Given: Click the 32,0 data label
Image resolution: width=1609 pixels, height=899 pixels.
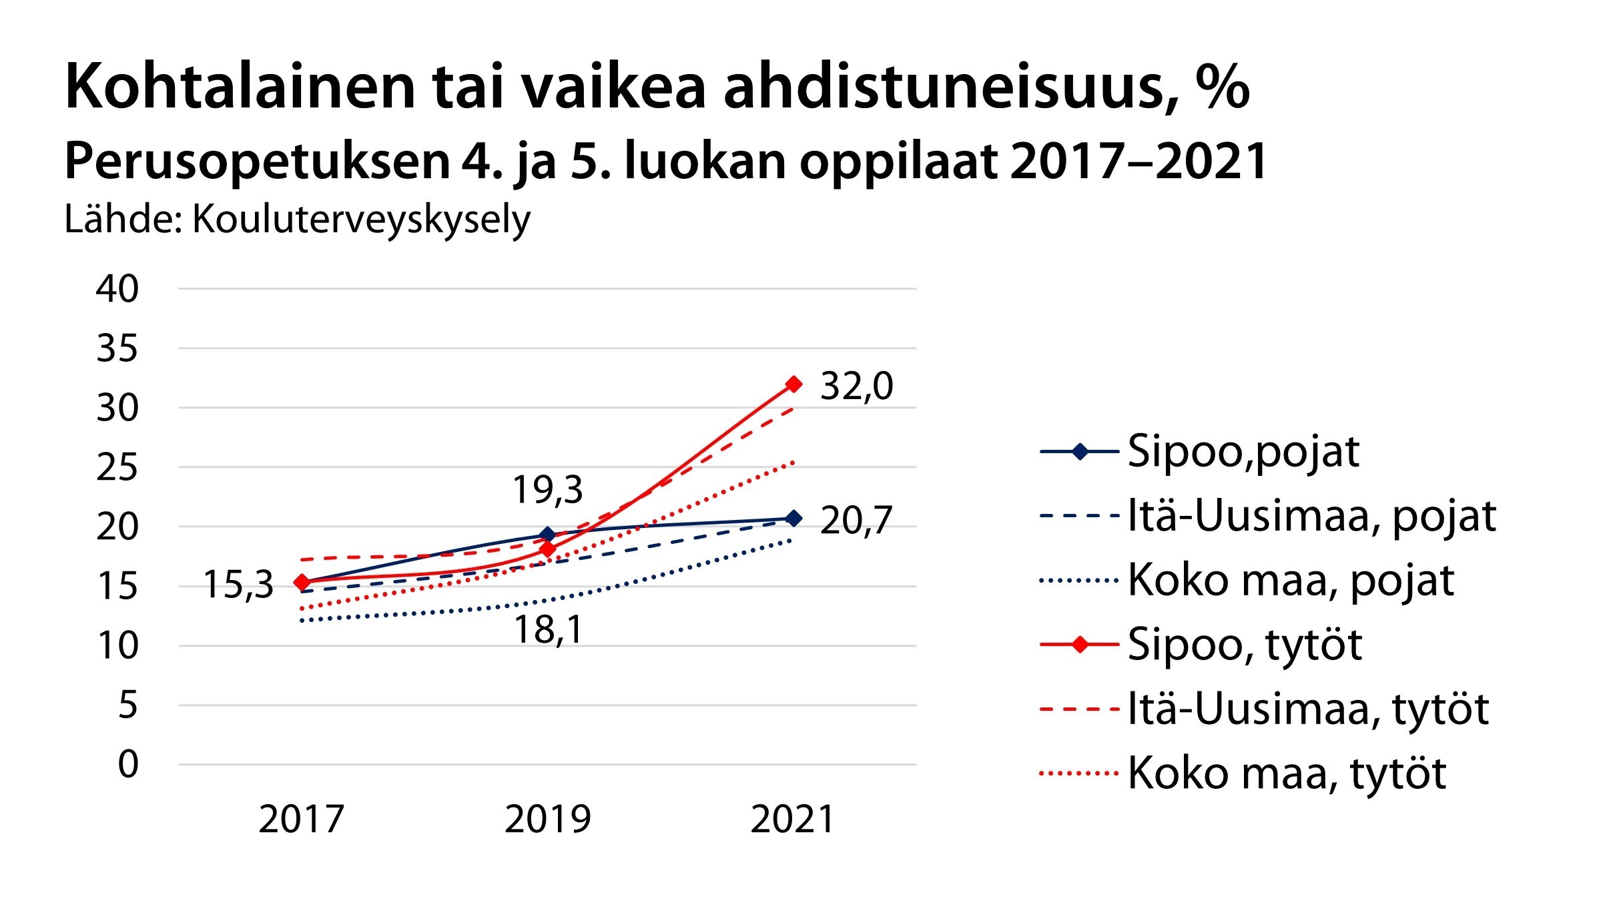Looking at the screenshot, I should tap(856, 386).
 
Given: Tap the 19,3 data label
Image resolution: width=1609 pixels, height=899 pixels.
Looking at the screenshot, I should tap(547, 490).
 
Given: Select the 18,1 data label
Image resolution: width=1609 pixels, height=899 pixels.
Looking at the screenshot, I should tap(548, 629).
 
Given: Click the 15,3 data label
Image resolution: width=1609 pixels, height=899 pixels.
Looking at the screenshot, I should tap(238, 585).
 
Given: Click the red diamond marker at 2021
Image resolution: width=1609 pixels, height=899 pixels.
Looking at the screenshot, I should tap(793, 384).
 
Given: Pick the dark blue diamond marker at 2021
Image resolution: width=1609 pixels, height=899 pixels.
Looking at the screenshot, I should tap(793, 518).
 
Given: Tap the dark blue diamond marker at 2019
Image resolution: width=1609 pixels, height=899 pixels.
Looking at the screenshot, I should tap(548, 535).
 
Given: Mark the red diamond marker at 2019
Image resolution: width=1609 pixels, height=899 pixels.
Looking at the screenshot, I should tap(548, 549).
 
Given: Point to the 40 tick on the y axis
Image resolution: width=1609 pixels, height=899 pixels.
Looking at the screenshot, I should tap(117, 289).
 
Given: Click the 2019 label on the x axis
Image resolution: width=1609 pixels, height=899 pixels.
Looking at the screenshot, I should tap(548, 820).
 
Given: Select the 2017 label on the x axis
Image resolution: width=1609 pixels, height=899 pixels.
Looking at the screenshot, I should tap(302, 820).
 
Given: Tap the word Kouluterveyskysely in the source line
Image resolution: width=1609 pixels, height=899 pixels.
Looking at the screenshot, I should tap(361, 220).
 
